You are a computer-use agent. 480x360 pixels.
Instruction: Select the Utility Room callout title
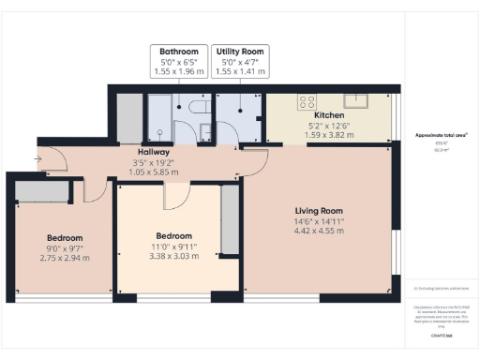coord(241,52)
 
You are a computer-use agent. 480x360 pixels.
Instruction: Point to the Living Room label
coord(320,211)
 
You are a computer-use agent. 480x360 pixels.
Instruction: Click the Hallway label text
coord(153,151)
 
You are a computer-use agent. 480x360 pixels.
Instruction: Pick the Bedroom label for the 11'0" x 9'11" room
coord(173,235)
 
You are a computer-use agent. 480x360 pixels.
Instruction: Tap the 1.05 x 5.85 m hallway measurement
coord(153,172)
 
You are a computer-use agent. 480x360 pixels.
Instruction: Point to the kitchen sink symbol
coord(356,99)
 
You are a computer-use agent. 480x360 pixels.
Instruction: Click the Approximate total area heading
coord(442,136)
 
